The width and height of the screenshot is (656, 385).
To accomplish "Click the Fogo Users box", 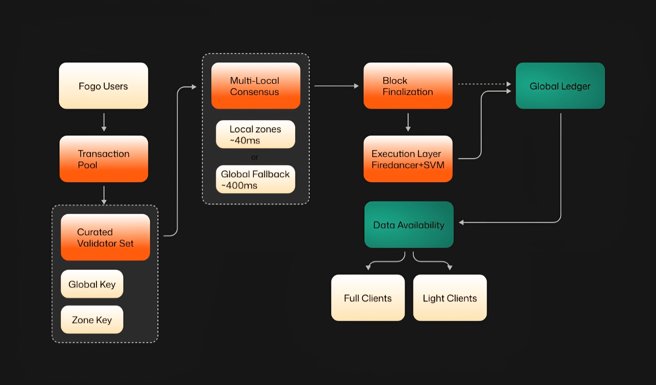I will pos(103,86).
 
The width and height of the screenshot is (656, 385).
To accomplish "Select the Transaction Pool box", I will pos(104,159).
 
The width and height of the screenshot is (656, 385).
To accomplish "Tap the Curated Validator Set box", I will pos(105,237).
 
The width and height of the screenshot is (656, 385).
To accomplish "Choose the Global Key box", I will pos(92,284).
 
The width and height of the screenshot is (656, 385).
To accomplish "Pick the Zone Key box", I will pos(92,319).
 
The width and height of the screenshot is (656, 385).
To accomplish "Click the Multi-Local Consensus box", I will pos(255,86).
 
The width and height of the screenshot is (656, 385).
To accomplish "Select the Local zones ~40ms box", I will pos(255,134).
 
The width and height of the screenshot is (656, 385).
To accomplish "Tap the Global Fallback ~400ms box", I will pos(255,179).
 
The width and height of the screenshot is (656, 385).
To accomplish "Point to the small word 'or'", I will pos(255,157).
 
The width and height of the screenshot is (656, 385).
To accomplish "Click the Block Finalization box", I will pos(408,86).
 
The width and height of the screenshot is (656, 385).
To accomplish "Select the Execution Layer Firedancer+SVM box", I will pos(408,159).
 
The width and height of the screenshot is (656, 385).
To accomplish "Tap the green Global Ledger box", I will pos(560,86).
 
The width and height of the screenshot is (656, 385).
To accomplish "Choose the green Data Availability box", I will pos(409,224).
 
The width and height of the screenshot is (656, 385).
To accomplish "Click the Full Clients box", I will pos(368,298).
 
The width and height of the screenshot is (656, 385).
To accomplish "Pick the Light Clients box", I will pos(450,298).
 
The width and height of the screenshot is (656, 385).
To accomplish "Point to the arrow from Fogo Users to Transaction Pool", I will pos(104,122).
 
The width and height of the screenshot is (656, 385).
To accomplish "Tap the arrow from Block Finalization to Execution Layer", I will pos(408,122).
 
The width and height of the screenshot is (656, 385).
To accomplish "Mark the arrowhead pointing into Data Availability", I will pos(461,223).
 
